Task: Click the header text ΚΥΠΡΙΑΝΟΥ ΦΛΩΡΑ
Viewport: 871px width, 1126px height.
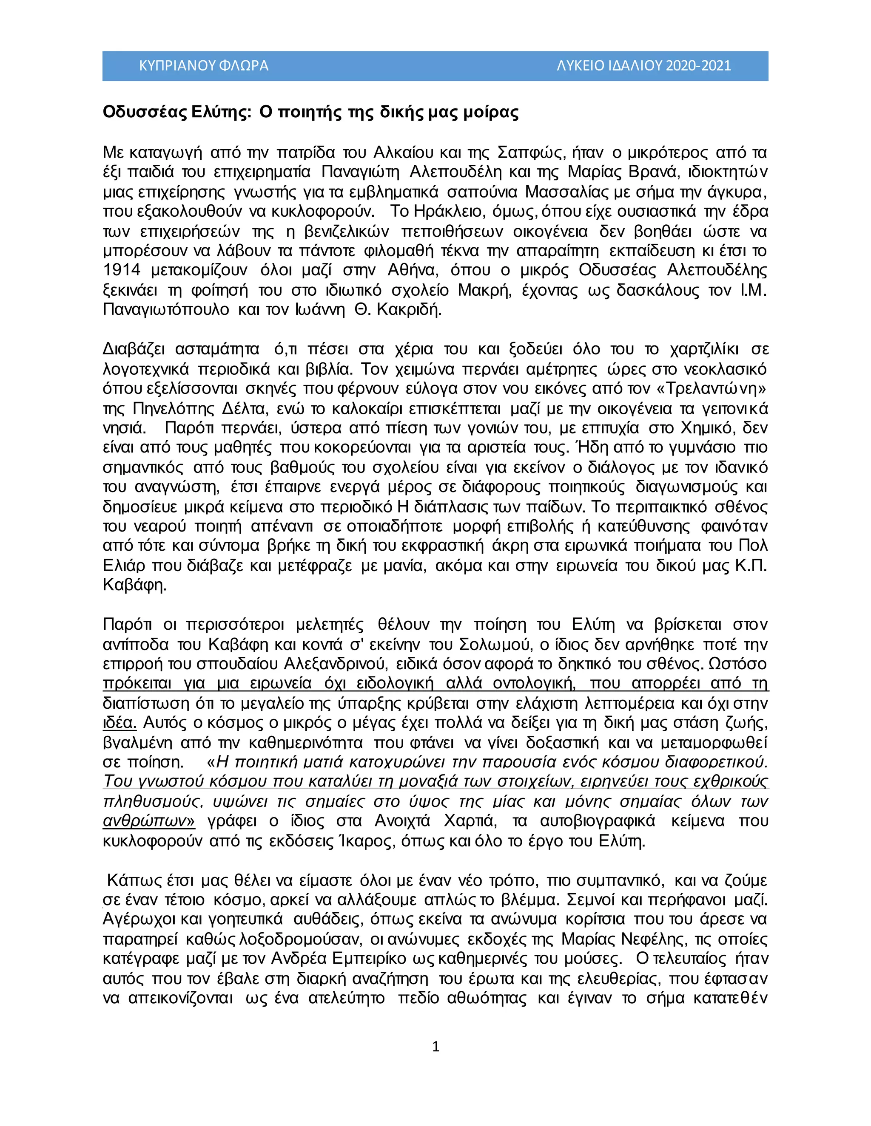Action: pos(204,66)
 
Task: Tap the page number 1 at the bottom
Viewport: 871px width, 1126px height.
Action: pos(435,1046)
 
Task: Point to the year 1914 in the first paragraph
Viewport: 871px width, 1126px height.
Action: pos(121,271)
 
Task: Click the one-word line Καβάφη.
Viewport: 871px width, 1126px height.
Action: pos(135,586)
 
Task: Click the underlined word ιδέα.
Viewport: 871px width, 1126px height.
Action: pos(120,723)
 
